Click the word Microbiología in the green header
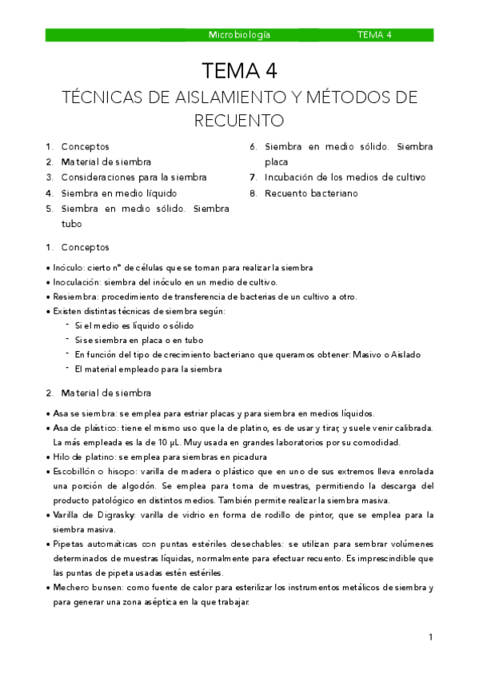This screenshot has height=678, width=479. point(239,35)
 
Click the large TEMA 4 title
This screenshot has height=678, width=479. point(239,71)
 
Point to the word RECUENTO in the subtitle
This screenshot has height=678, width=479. point(239,121)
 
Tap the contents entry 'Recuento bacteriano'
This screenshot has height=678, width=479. point(311,193)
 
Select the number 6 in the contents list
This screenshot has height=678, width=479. point(252,147)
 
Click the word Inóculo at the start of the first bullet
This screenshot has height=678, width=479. point(70,268)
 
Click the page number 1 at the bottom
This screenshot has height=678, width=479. point(430,637)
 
